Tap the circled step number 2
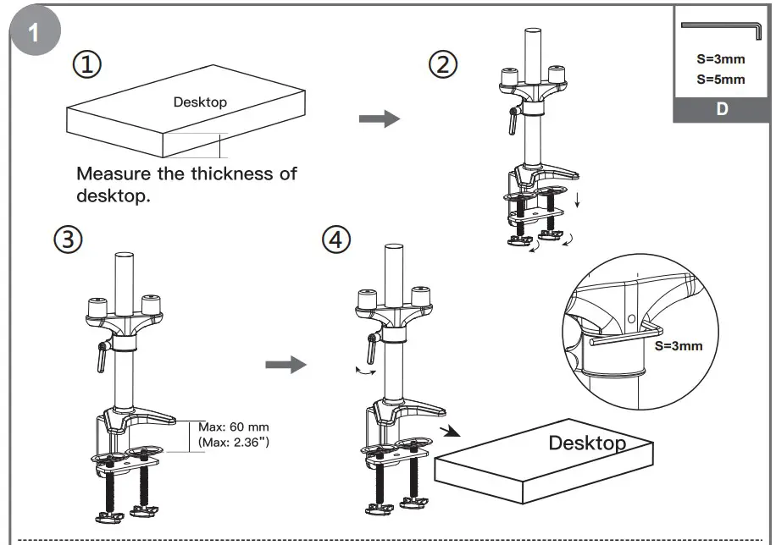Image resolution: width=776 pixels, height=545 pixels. pyautogui.click(x=443, y=65)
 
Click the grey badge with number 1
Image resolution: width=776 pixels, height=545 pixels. pyautogui.click(x=35, y=33)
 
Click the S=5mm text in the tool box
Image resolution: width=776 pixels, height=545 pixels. pyautogui.click(x=721, y=80)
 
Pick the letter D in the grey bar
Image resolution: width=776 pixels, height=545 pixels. pyautogui.click(x=722, y=110)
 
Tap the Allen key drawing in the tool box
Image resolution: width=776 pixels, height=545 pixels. pyautogui.click(x=720, y=28)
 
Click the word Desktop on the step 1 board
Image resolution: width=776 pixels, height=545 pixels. pyautogui.click(x=200, y=102)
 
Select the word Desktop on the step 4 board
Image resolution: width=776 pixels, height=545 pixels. pyautogui.click(x=587, y=443)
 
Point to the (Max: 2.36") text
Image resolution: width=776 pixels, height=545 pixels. pyautogui.click(x=234, y=442)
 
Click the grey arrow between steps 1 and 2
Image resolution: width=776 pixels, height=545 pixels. pyautogui.click(x=379, y=118)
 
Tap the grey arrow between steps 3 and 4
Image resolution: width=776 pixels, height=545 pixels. pyautogui.click(x=285, y=365)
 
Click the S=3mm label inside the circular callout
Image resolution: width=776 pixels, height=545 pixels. pyautogui.click(x=679, y=345)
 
